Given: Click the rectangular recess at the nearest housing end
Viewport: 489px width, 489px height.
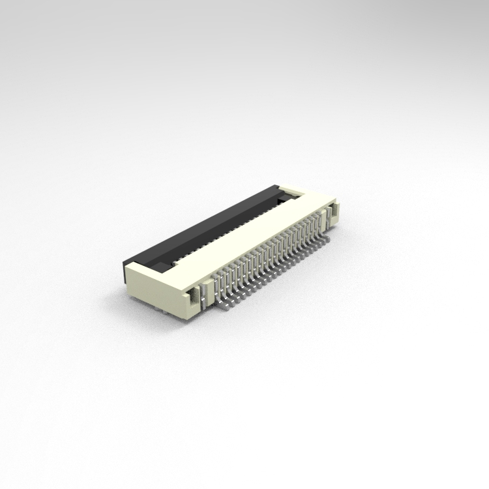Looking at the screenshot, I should click(x=195, y=297).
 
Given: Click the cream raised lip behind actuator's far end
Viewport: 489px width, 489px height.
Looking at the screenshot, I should click(x=293, y=192).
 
